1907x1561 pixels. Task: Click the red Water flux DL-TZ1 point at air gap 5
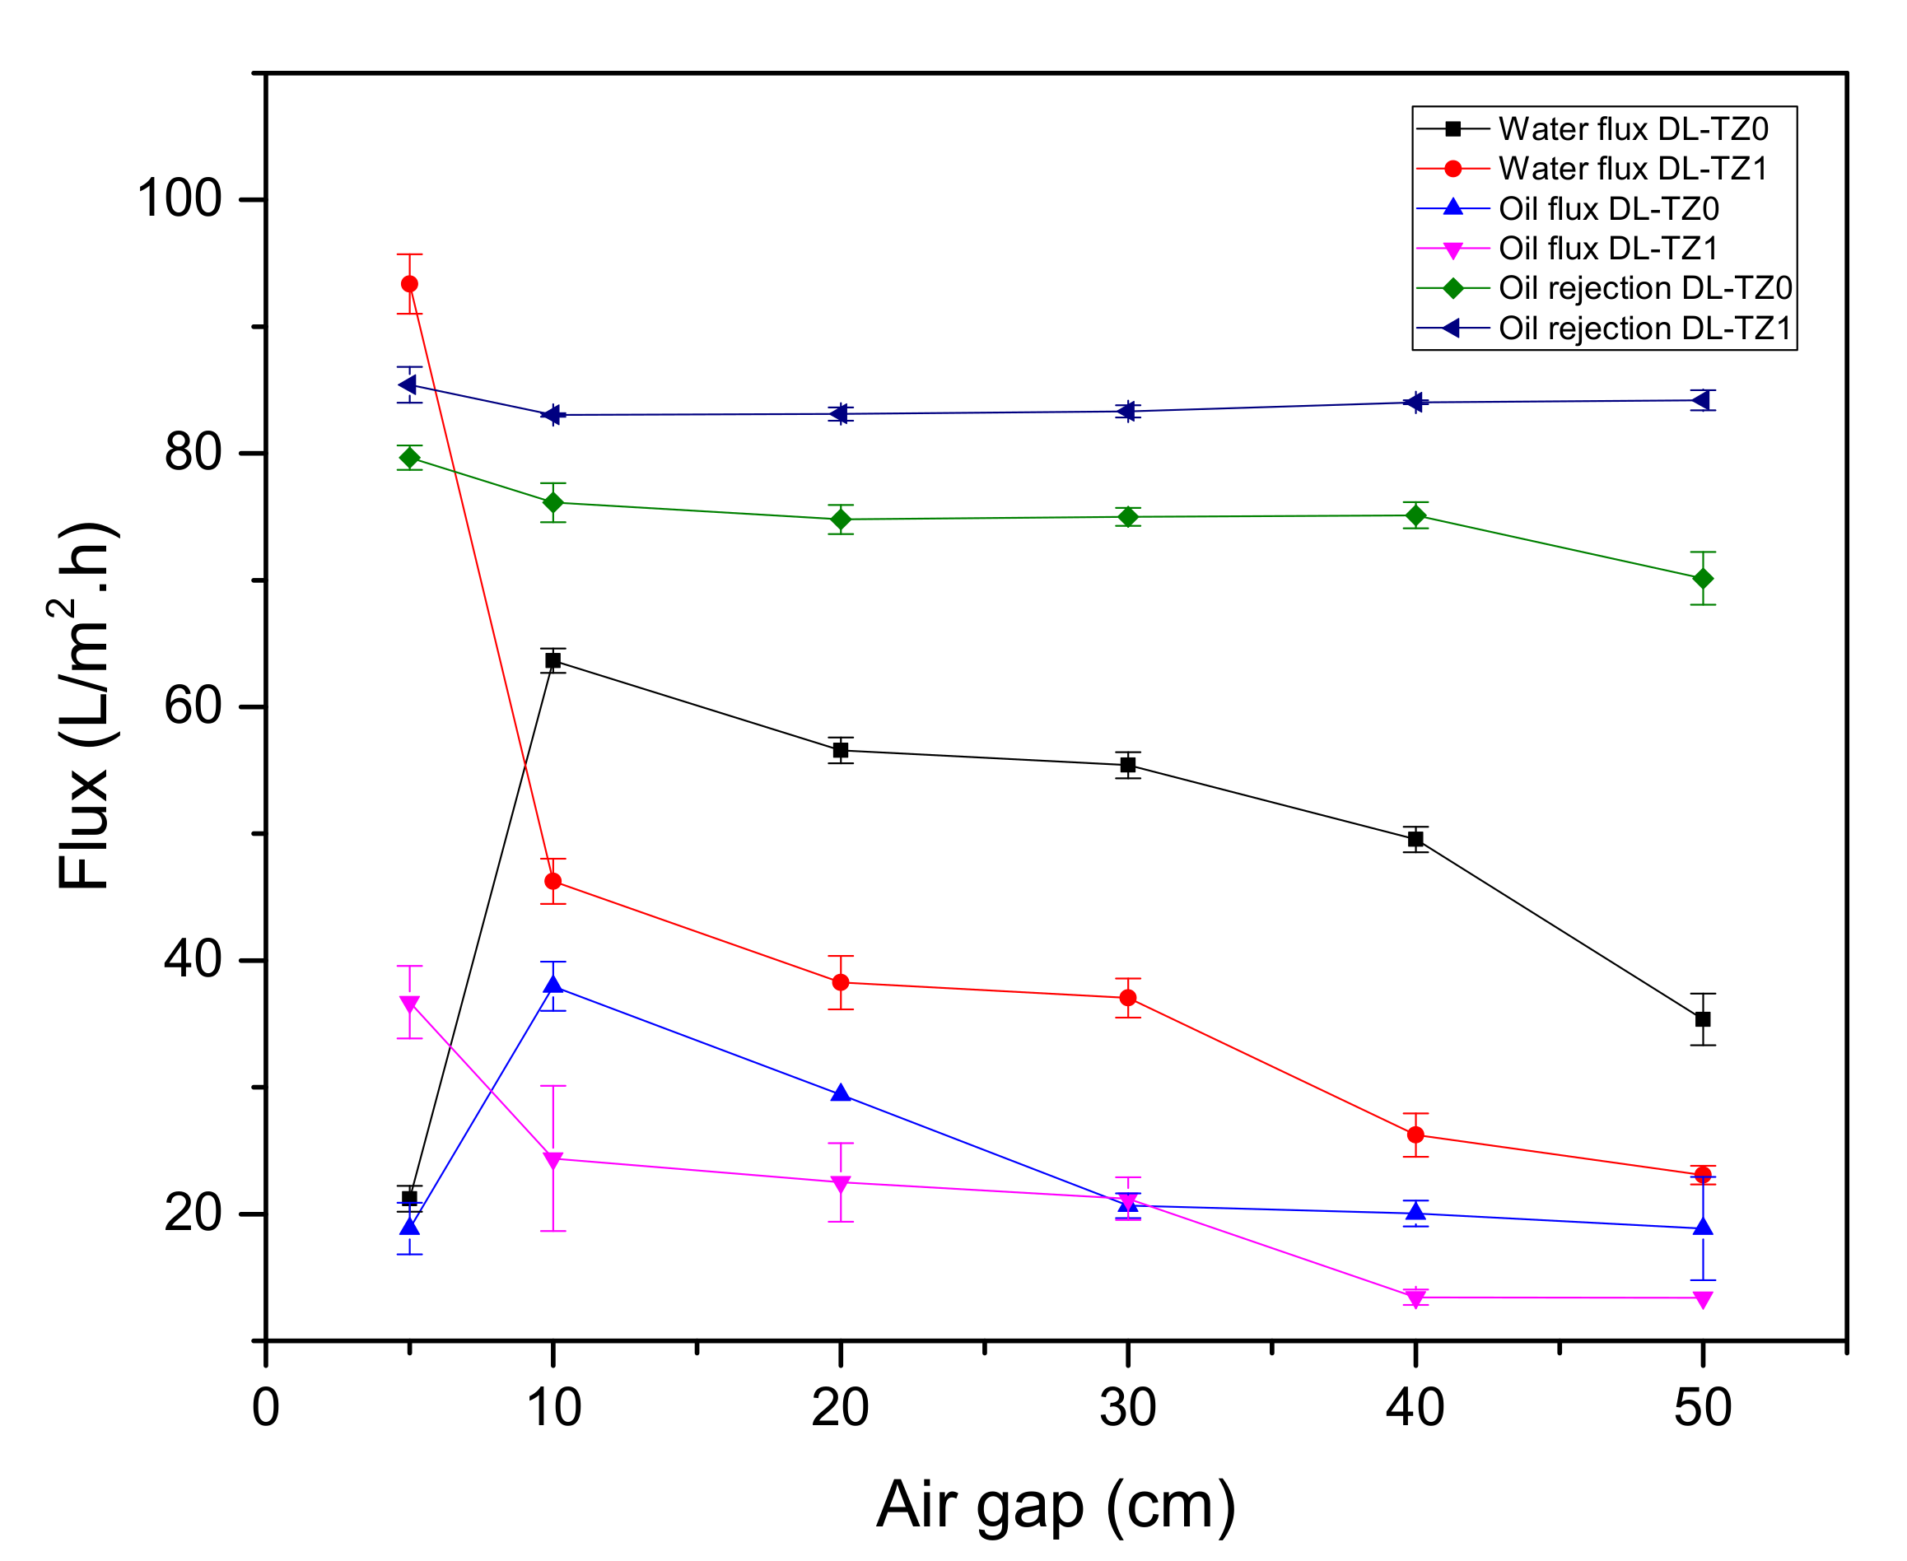pyautogui.click(x=409, y=284)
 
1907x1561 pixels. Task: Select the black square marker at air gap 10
pyautogui.click(x=553, y=661)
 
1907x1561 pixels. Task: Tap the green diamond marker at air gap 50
pyautogui.click(x=1702, y=578)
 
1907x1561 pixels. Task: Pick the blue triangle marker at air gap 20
pyautogui.click(x=841, y=1094)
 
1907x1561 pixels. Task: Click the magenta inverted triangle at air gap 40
pyautogui.click(x=1415, y=1298)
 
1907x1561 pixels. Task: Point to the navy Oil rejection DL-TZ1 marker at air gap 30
pyautogui.click(x=1126, y=412)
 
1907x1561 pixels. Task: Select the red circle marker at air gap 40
pyautogui.click(x=1415, y=1135)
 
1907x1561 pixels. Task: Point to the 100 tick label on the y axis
pyautogui.click(x=179, y=198)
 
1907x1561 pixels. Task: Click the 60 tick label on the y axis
pyautogui.click(x=193, y=706)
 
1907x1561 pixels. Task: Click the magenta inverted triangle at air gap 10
pyautogui.click(x=553, y=1160)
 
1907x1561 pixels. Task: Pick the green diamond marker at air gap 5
pyautogui.click(x=409, y=458)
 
